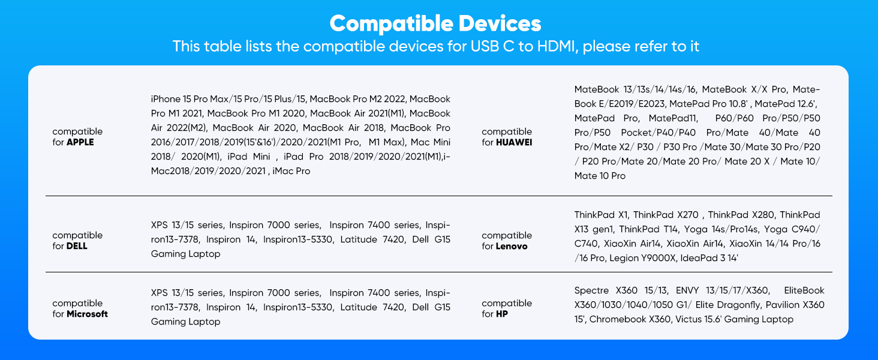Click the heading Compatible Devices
pyautogui.click(x=435, y=23)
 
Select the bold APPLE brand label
pyautogui.click(x=80, y=142)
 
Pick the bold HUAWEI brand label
pyautogui.click(x=514, y=142)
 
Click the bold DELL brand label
pyautogui.click(x=77, y=246)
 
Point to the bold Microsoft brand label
pyautogui.click(x=87, y=314)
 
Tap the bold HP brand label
pyautogui.click(x=502, y=314)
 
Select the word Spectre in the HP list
pyautogui.click(x=591, y=290)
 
